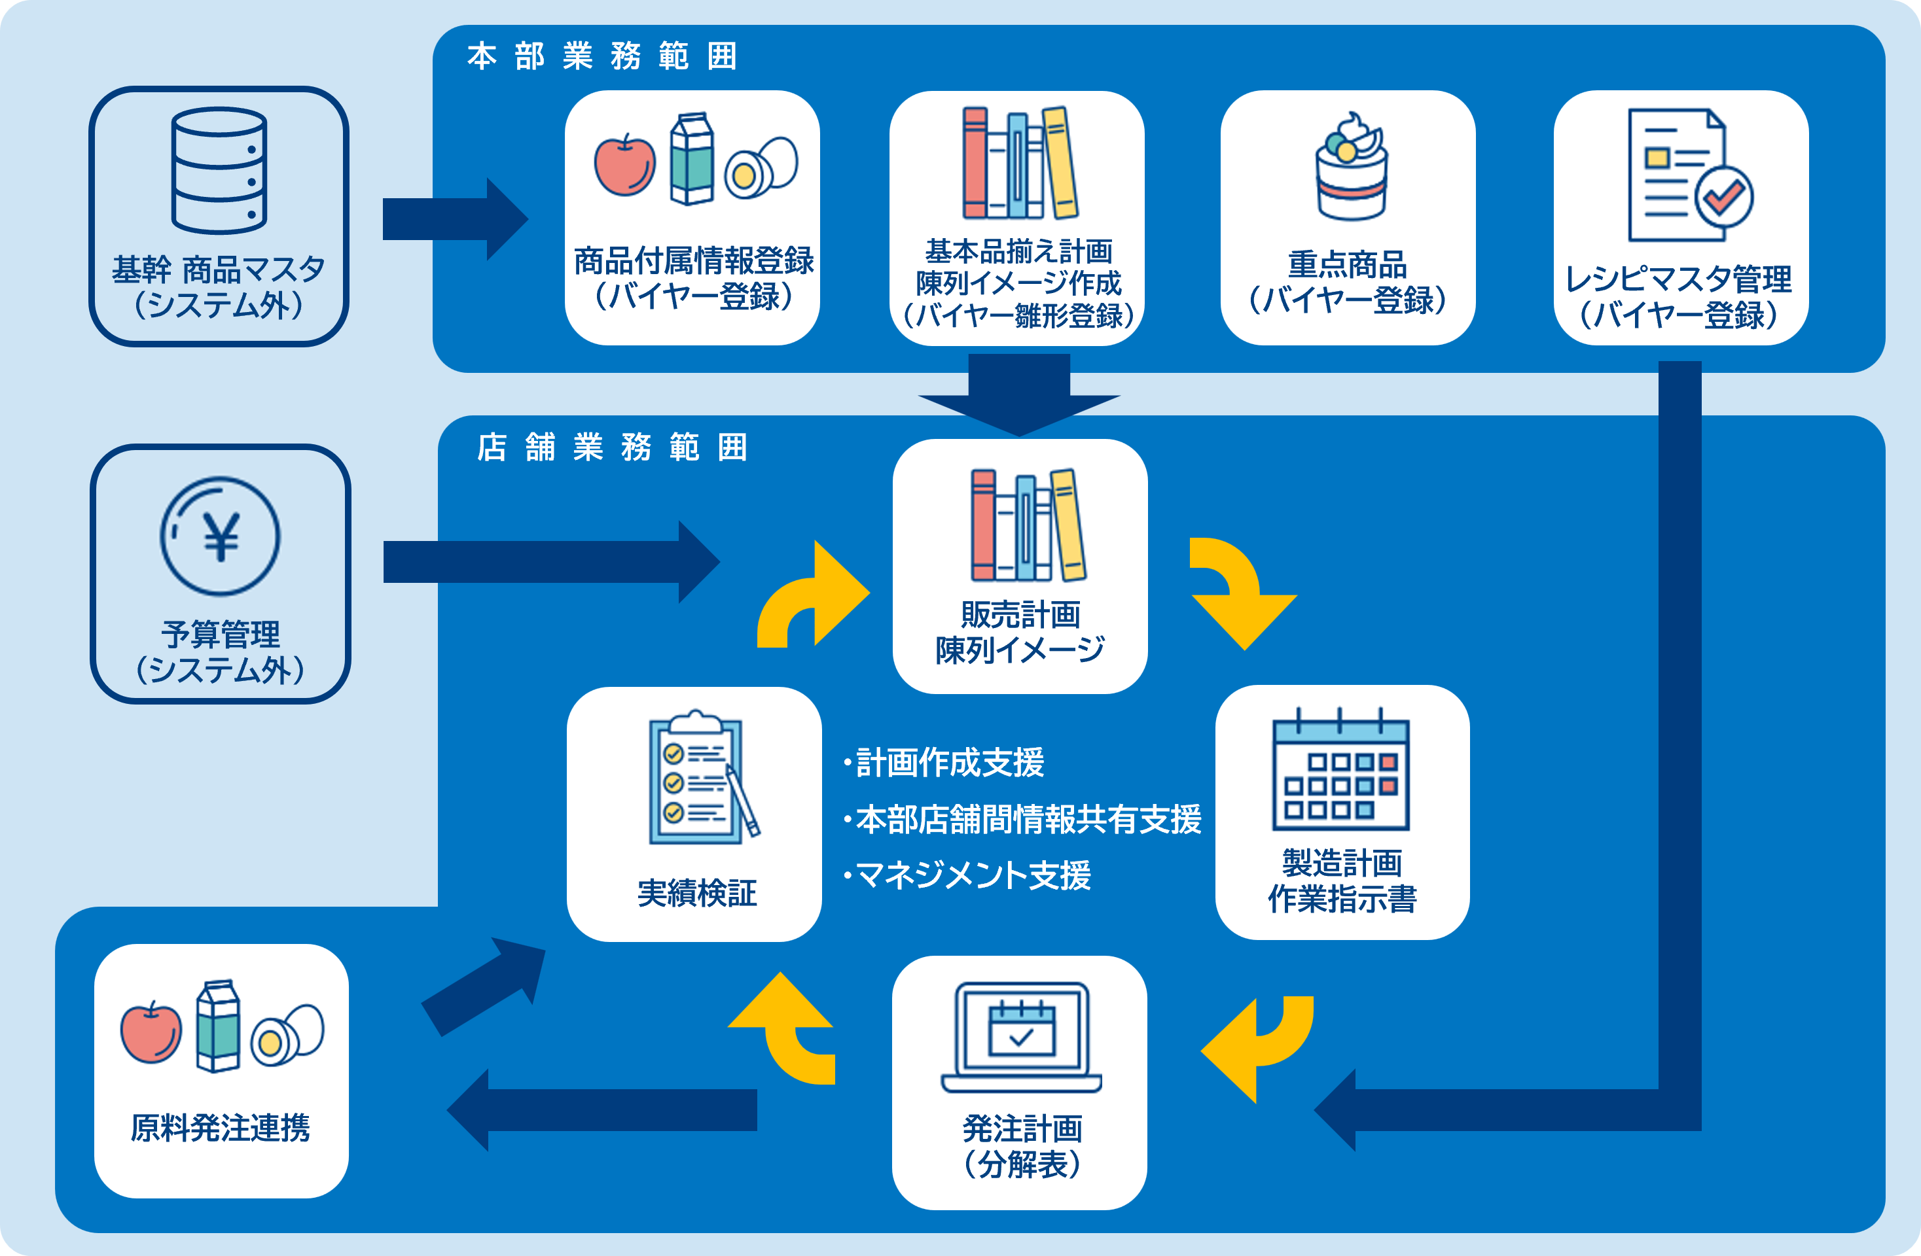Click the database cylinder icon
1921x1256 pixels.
[219, 170]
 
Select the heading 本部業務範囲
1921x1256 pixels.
[601, 56]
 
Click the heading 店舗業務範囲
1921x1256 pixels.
[612, 447]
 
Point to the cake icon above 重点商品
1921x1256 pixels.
[1351, 166]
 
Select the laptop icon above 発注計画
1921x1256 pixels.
[1021, 1038]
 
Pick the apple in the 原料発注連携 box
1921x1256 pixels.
[151, 1032]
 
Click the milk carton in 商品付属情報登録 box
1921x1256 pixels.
[692, 159]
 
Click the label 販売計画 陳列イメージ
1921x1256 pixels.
[1020, 632]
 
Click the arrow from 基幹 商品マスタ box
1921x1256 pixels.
[456, 218]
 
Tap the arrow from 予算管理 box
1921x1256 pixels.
[551, 561]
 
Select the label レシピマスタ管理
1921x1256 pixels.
[1679, 279]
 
